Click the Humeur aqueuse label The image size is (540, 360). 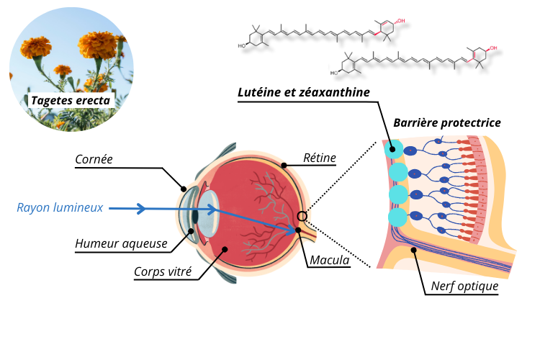click(x=121, y=244)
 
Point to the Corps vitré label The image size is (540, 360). click(x=163, y=273)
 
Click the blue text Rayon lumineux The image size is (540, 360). click(x=60, y=208)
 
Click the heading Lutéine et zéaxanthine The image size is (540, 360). click(x=304, y=92)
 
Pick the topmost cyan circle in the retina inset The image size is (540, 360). click(x=394, y=149)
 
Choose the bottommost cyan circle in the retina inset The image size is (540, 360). click(x=397, y=217)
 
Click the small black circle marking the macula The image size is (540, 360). click(x=302, y=216)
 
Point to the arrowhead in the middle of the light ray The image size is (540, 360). click(x=142, y=209)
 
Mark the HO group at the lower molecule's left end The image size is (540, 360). click(x=334, y=73)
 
